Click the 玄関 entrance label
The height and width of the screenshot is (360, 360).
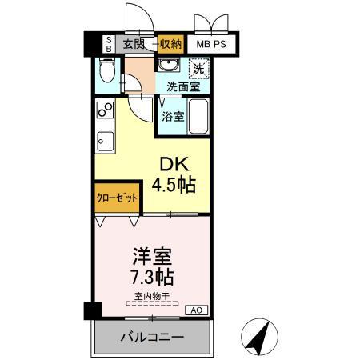[134, 44]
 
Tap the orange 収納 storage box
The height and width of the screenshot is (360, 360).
[170, 44]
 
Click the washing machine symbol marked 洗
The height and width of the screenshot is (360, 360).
[198, 69]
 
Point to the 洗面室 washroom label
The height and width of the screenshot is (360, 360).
[183, 86]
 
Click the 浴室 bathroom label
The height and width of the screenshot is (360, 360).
[173, 116]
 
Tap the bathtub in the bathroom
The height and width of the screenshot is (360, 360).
[199, 116]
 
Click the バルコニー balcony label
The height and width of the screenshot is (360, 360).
[152, 336]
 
